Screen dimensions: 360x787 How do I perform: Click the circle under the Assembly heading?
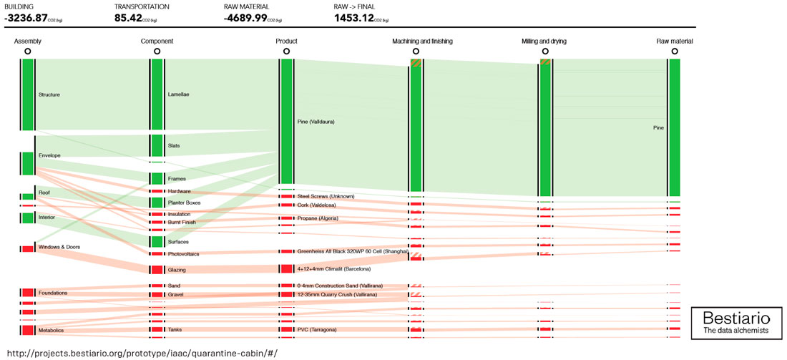(28, 52)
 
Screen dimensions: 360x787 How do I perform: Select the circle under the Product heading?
(286, 52)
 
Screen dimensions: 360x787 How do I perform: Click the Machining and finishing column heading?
(422, 41)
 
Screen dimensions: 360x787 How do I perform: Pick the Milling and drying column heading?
(544, 41)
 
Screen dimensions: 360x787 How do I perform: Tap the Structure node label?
(49, 94)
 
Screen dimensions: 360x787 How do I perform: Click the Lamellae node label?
(179, 94)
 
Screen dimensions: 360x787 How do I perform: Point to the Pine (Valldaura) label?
(316, 122)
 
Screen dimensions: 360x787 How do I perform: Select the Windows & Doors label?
(59, 247)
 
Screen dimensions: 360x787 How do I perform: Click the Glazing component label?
(177, 269)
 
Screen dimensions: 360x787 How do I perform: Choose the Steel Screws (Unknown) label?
(326, 196)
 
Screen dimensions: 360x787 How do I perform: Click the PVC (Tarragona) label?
(317, 330)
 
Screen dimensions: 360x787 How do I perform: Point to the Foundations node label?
(53, 293)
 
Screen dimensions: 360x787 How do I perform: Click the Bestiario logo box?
(736, 323)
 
